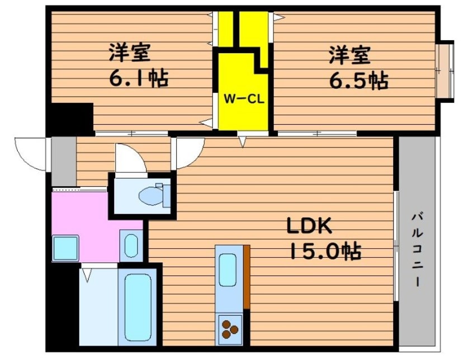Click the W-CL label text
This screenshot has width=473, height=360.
point(244,100)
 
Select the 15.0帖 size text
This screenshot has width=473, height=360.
point(324,252)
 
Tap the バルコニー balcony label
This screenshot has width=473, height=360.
point(416,249)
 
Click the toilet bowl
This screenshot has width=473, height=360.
point(151,195)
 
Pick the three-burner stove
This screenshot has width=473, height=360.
point(230,327)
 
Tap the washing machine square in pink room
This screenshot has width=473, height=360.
point(65,248)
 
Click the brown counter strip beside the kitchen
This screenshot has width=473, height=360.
point(245,277)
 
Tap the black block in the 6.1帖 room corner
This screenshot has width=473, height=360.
point(69,118)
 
